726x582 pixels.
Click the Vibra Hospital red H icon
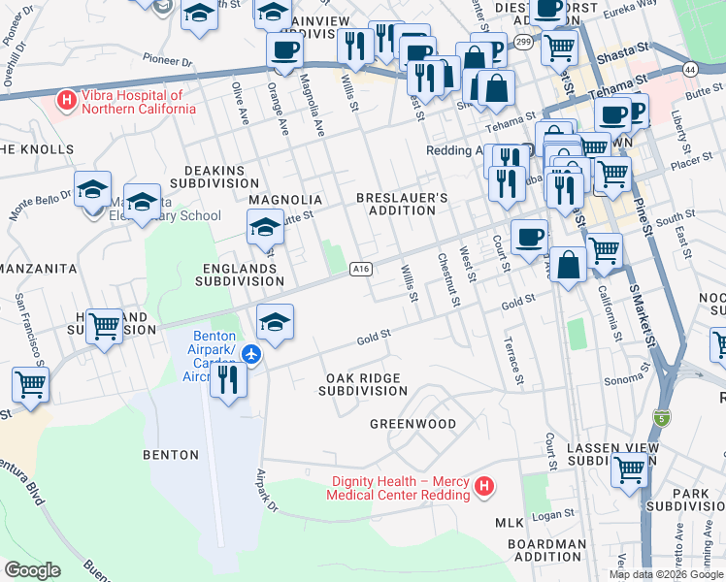(67, 98)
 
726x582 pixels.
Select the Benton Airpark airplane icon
(251, 353)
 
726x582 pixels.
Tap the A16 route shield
(360, 269)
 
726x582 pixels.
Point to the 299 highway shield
(523, 42)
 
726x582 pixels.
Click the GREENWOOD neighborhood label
(412, 424)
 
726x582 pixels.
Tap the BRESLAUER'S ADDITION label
(402, 204)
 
